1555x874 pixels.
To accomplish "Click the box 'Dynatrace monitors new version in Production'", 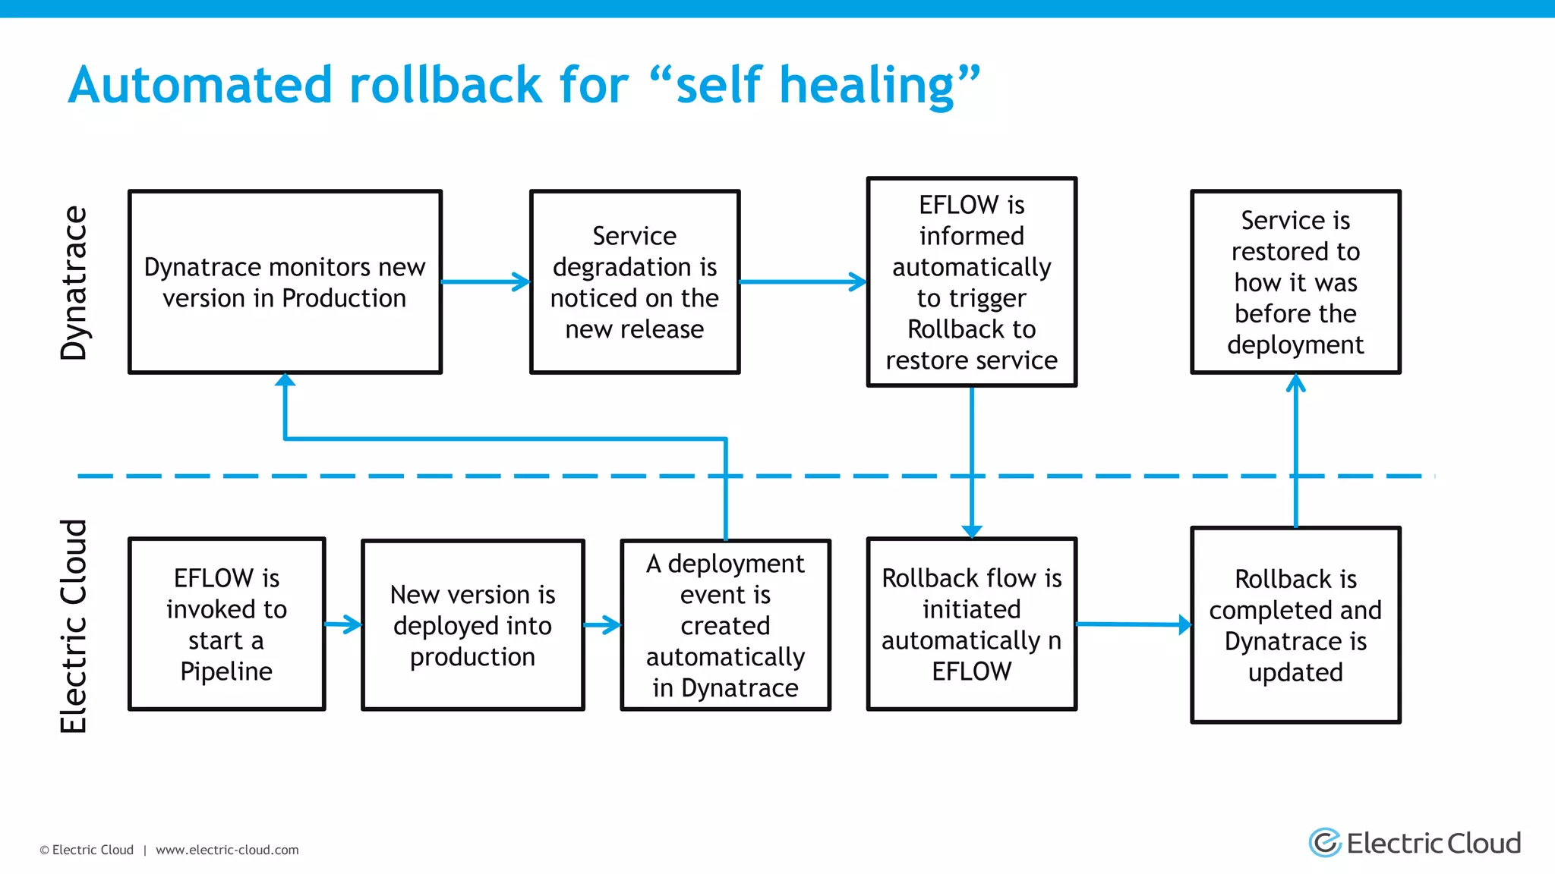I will (285, 281).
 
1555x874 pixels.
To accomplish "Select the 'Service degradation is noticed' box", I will (634, 281).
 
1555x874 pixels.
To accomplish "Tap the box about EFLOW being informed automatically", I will (971, 281).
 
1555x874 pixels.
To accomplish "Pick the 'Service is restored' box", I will (1295, 281).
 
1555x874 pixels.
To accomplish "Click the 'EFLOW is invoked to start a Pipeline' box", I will (226, 624).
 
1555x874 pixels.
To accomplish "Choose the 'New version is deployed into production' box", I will (472, 624).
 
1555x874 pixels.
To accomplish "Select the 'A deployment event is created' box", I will (725, 624).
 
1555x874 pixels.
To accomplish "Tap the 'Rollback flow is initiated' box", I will (971, 624).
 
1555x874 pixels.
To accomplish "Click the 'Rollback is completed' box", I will (1295, 624).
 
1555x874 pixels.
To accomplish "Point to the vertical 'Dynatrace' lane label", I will (74, 282).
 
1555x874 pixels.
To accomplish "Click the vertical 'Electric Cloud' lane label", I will (74, 626).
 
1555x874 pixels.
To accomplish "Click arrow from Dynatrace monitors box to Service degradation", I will (486, 281).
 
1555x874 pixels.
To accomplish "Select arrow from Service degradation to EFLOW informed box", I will (803, 281).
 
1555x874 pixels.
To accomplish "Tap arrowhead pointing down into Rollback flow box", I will (971, 530).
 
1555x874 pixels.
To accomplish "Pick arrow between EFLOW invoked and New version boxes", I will (343, 624).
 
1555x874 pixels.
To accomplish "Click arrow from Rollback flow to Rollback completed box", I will (1133, 624).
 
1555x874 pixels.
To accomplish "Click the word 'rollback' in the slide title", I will (446, 84).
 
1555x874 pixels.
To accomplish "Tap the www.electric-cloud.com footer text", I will (227, 850).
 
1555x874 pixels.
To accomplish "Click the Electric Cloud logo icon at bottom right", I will (1325, 842).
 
